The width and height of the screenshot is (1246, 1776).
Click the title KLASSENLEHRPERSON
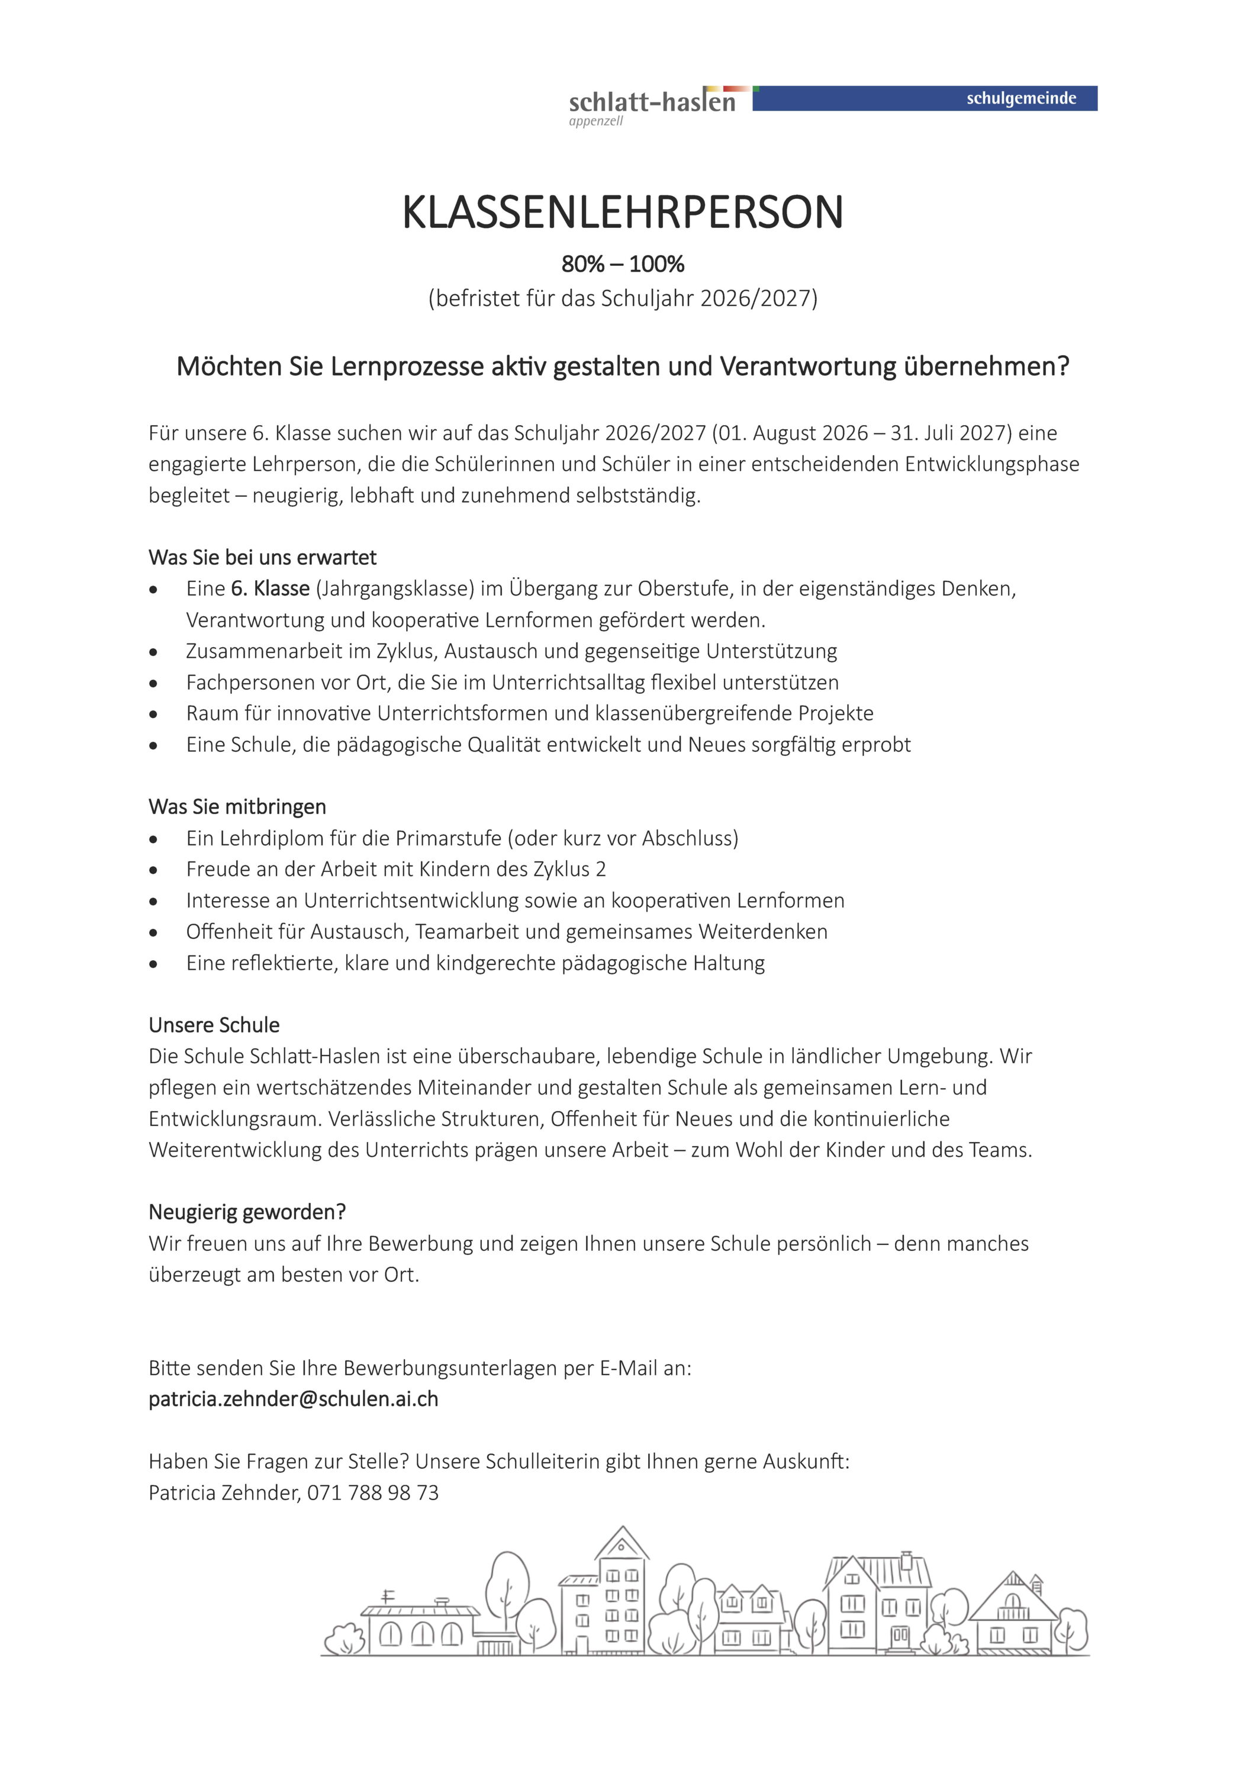tap(622, 213)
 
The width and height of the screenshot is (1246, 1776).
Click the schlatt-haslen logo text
tap(651, 102)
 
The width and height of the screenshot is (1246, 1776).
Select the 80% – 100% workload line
tap(623, 265)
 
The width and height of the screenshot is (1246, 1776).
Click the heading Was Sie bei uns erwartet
tap(262, 557)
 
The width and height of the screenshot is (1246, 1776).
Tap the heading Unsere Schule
tap(214, 1025)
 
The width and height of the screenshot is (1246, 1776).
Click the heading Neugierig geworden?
tap(247, 1211)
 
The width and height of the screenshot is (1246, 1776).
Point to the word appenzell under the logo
tap(595, 121)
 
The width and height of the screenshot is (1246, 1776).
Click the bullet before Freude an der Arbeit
tap(154, 870)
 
